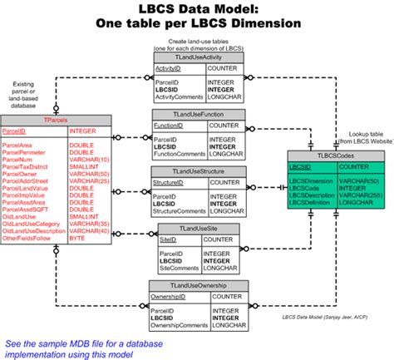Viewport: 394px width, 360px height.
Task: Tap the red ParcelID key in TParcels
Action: coord(15,131)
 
